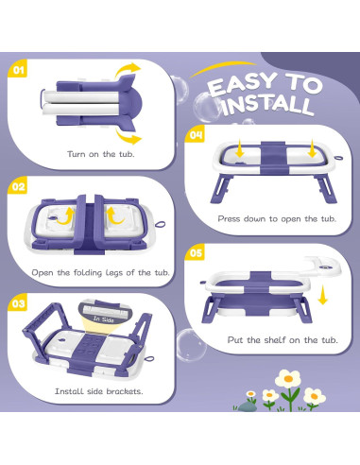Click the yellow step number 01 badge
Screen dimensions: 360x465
pos(18,69)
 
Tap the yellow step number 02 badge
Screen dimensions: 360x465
pos(18,186)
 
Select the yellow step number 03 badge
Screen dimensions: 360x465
pos(18,303)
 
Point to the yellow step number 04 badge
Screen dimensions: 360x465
pos(195,135)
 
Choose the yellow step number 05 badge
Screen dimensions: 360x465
pos(195,252)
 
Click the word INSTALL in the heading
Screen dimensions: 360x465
pos(268,105)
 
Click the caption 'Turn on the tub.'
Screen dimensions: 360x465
pos(100,154)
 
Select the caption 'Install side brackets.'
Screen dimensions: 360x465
pos(99,391)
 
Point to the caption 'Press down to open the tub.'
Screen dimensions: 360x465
pos(277,218)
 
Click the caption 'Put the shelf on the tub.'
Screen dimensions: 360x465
pos(283,340)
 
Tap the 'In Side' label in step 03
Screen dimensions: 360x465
pos(103,319)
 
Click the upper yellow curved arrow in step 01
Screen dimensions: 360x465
pos(128,71)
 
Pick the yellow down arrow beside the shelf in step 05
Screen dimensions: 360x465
pos(322,295)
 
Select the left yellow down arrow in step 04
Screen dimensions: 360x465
pos(239,148)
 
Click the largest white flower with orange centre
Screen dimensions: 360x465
pos(288,379)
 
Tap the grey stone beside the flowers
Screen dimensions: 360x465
pos(247,406)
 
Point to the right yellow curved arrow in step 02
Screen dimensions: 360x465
pos(114,215)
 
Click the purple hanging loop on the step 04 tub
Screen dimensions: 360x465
pos(338,158)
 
